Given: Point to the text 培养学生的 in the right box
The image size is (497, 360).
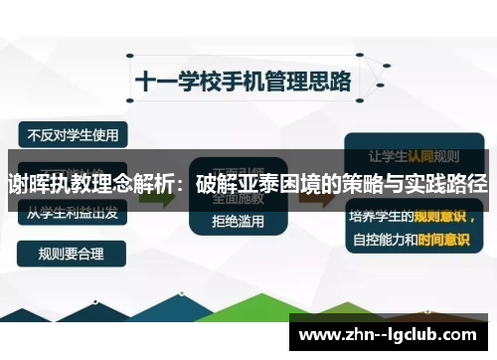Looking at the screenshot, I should [375, 214].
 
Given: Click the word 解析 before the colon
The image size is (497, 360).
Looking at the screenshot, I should [159, 185].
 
